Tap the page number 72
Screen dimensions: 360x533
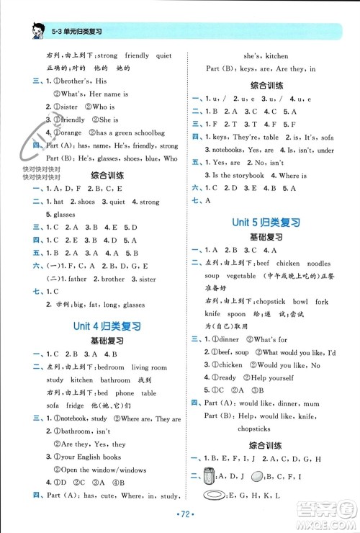180,517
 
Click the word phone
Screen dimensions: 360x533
123,393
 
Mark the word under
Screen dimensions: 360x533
325,150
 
